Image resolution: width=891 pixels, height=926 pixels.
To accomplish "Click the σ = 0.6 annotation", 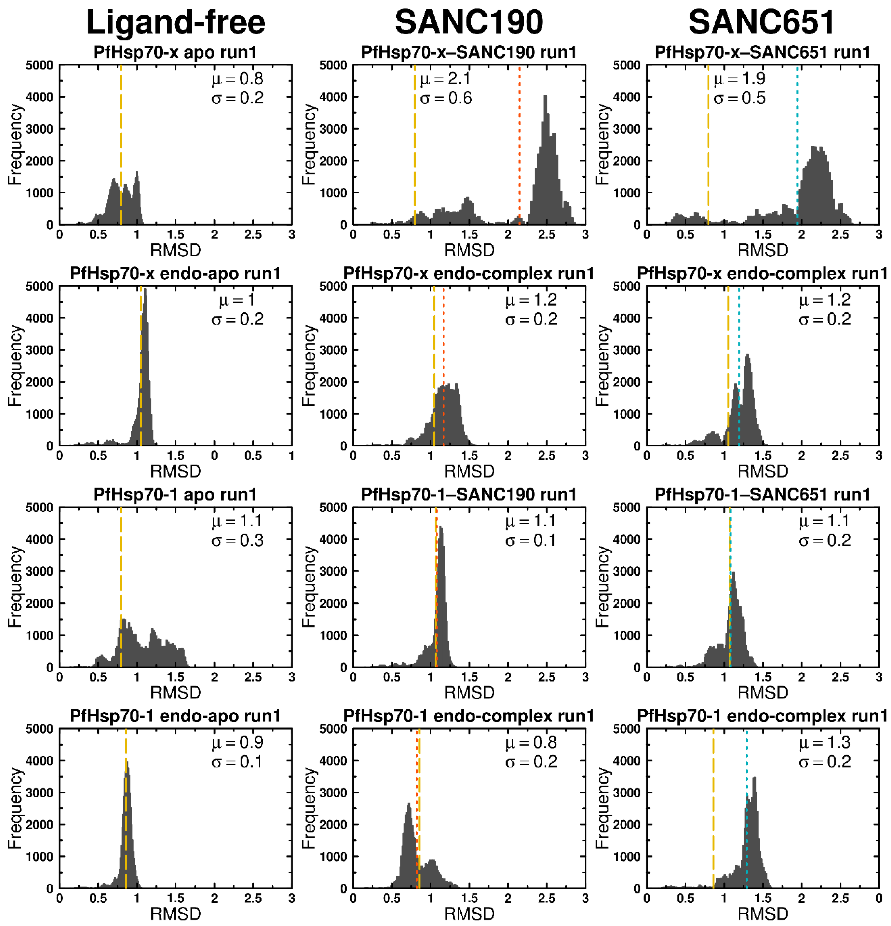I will [x=445, y=98].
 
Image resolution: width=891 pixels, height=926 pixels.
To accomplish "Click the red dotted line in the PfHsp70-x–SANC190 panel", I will [x=519, y=142].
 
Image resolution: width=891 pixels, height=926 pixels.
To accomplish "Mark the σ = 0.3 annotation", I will [x=237, y=540].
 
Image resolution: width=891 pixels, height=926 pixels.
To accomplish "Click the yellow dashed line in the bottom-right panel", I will [x=713, y=803].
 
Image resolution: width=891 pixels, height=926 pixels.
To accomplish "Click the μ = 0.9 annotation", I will [x=237, y=743].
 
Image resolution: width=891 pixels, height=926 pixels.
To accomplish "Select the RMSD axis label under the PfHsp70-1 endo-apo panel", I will [x=175, y=914].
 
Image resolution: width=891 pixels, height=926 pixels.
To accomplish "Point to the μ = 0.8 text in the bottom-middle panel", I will [x=531, y=743].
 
